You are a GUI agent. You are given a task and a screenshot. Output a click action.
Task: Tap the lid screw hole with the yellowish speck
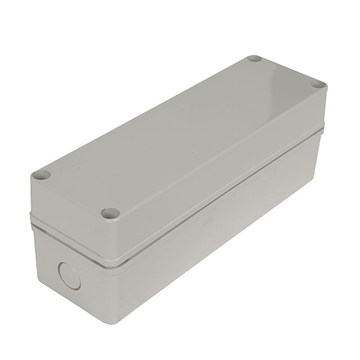pos(111,214)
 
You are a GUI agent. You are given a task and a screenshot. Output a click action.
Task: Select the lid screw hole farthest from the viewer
pos(254,59)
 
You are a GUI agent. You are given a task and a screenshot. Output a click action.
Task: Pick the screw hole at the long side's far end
pos(318,85)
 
